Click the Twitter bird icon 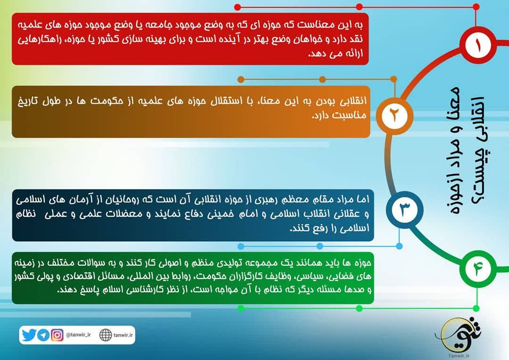point(29,335)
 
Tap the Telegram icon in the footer point(43,335)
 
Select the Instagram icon point(57,335)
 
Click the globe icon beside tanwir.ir point(106,335)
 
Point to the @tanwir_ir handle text point(78,335)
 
